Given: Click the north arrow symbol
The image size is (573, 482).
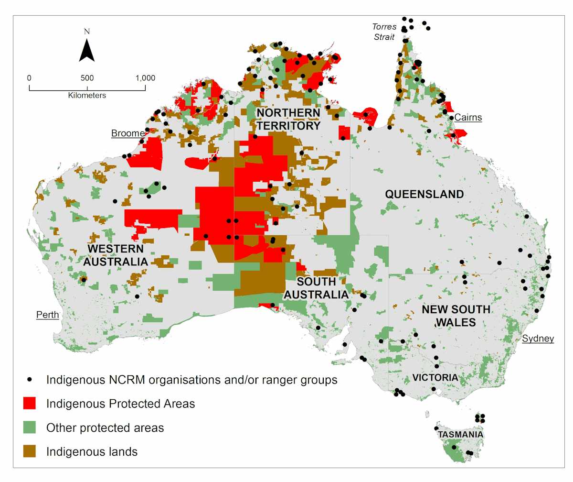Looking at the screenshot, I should tap(86, 50).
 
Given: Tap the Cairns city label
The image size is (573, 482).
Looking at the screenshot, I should tap(468, 117).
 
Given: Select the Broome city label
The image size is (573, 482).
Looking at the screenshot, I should tap(128, 133).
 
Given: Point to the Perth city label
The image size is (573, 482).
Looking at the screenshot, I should tap(47, 315).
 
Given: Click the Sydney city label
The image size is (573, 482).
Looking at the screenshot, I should tap(538, 339).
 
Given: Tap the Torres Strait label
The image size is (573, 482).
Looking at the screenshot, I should tap(385, 32).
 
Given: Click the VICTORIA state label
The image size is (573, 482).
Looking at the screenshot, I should tap(435, 377).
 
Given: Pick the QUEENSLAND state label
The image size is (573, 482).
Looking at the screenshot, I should tap(424, 194).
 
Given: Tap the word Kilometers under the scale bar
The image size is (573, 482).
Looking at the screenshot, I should tap(87, 95).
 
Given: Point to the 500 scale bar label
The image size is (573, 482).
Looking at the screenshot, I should tap(87, 78).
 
